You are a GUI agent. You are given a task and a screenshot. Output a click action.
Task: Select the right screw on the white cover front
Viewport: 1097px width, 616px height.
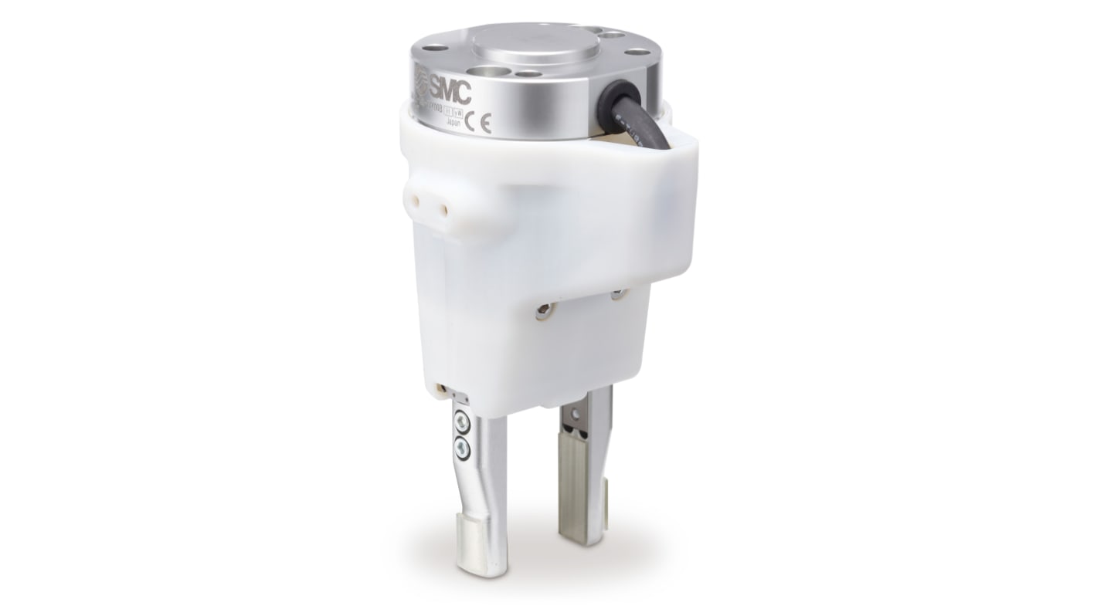click(x=617, y=294)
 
